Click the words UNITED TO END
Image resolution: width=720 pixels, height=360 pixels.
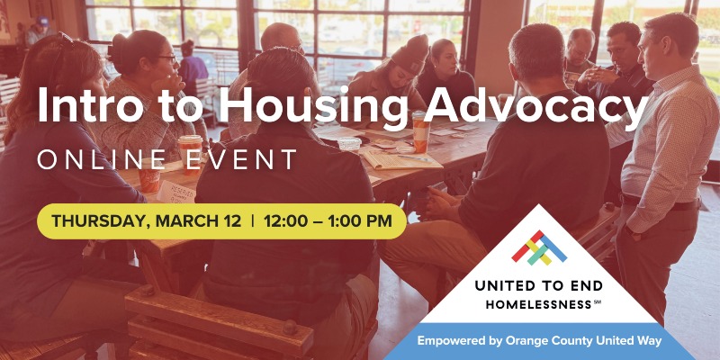[541, 287]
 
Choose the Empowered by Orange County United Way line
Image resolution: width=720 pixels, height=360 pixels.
[540, 340]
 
